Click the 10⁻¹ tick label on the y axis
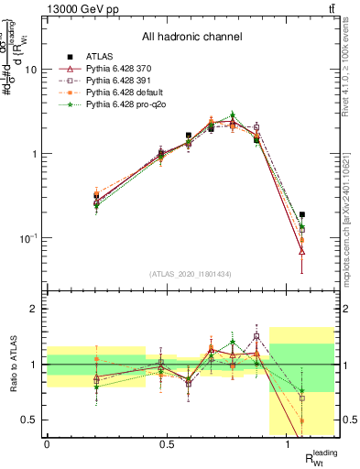[27, 238]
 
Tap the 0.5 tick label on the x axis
[167, 444]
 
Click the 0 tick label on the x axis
[47, 444]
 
